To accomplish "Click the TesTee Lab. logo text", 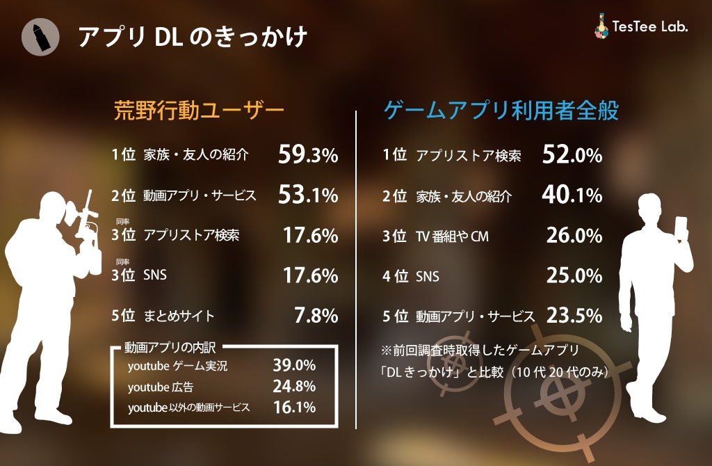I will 649,27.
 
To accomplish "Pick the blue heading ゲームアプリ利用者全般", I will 501,111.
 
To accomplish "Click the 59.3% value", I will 307,155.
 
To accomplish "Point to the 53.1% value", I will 307,195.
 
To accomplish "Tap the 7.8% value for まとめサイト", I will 316,316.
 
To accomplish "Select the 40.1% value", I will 572,196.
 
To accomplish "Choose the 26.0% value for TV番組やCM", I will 573,236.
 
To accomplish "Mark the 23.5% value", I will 573,316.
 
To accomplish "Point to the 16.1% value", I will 294,407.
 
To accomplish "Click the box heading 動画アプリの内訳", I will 170,346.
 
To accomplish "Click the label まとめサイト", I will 179,316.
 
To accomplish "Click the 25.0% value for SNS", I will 573,276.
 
